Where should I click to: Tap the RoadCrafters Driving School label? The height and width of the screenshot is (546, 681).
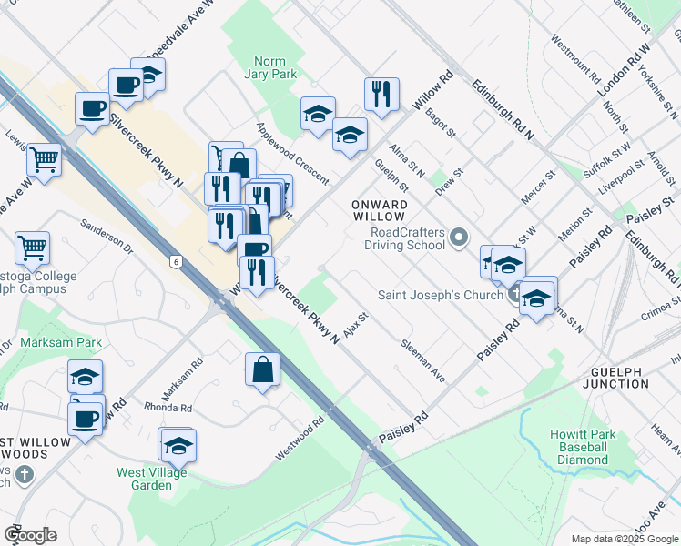pos(404,238)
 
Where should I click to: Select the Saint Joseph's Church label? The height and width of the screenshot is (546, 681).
pos(441,295)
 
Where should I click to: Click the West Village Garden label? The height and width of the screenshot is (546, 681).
pos(151,479)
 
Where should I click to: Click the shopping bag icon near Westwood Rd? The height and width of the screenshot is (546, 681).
pos(262,369)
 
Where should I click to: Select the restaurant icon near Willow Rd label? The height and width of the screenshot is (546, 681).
pos(381,93)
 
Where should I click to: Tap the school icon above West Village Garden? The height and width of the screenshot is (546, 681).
pos(179,444)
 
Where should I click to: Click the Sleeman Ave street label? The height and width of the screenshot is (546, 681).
pos(424,361)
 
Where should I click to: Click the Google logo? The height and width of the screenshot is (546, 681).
pos(30,535)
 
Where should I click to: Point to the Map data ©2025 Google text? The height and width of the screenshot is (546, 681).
pos(624,539)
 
